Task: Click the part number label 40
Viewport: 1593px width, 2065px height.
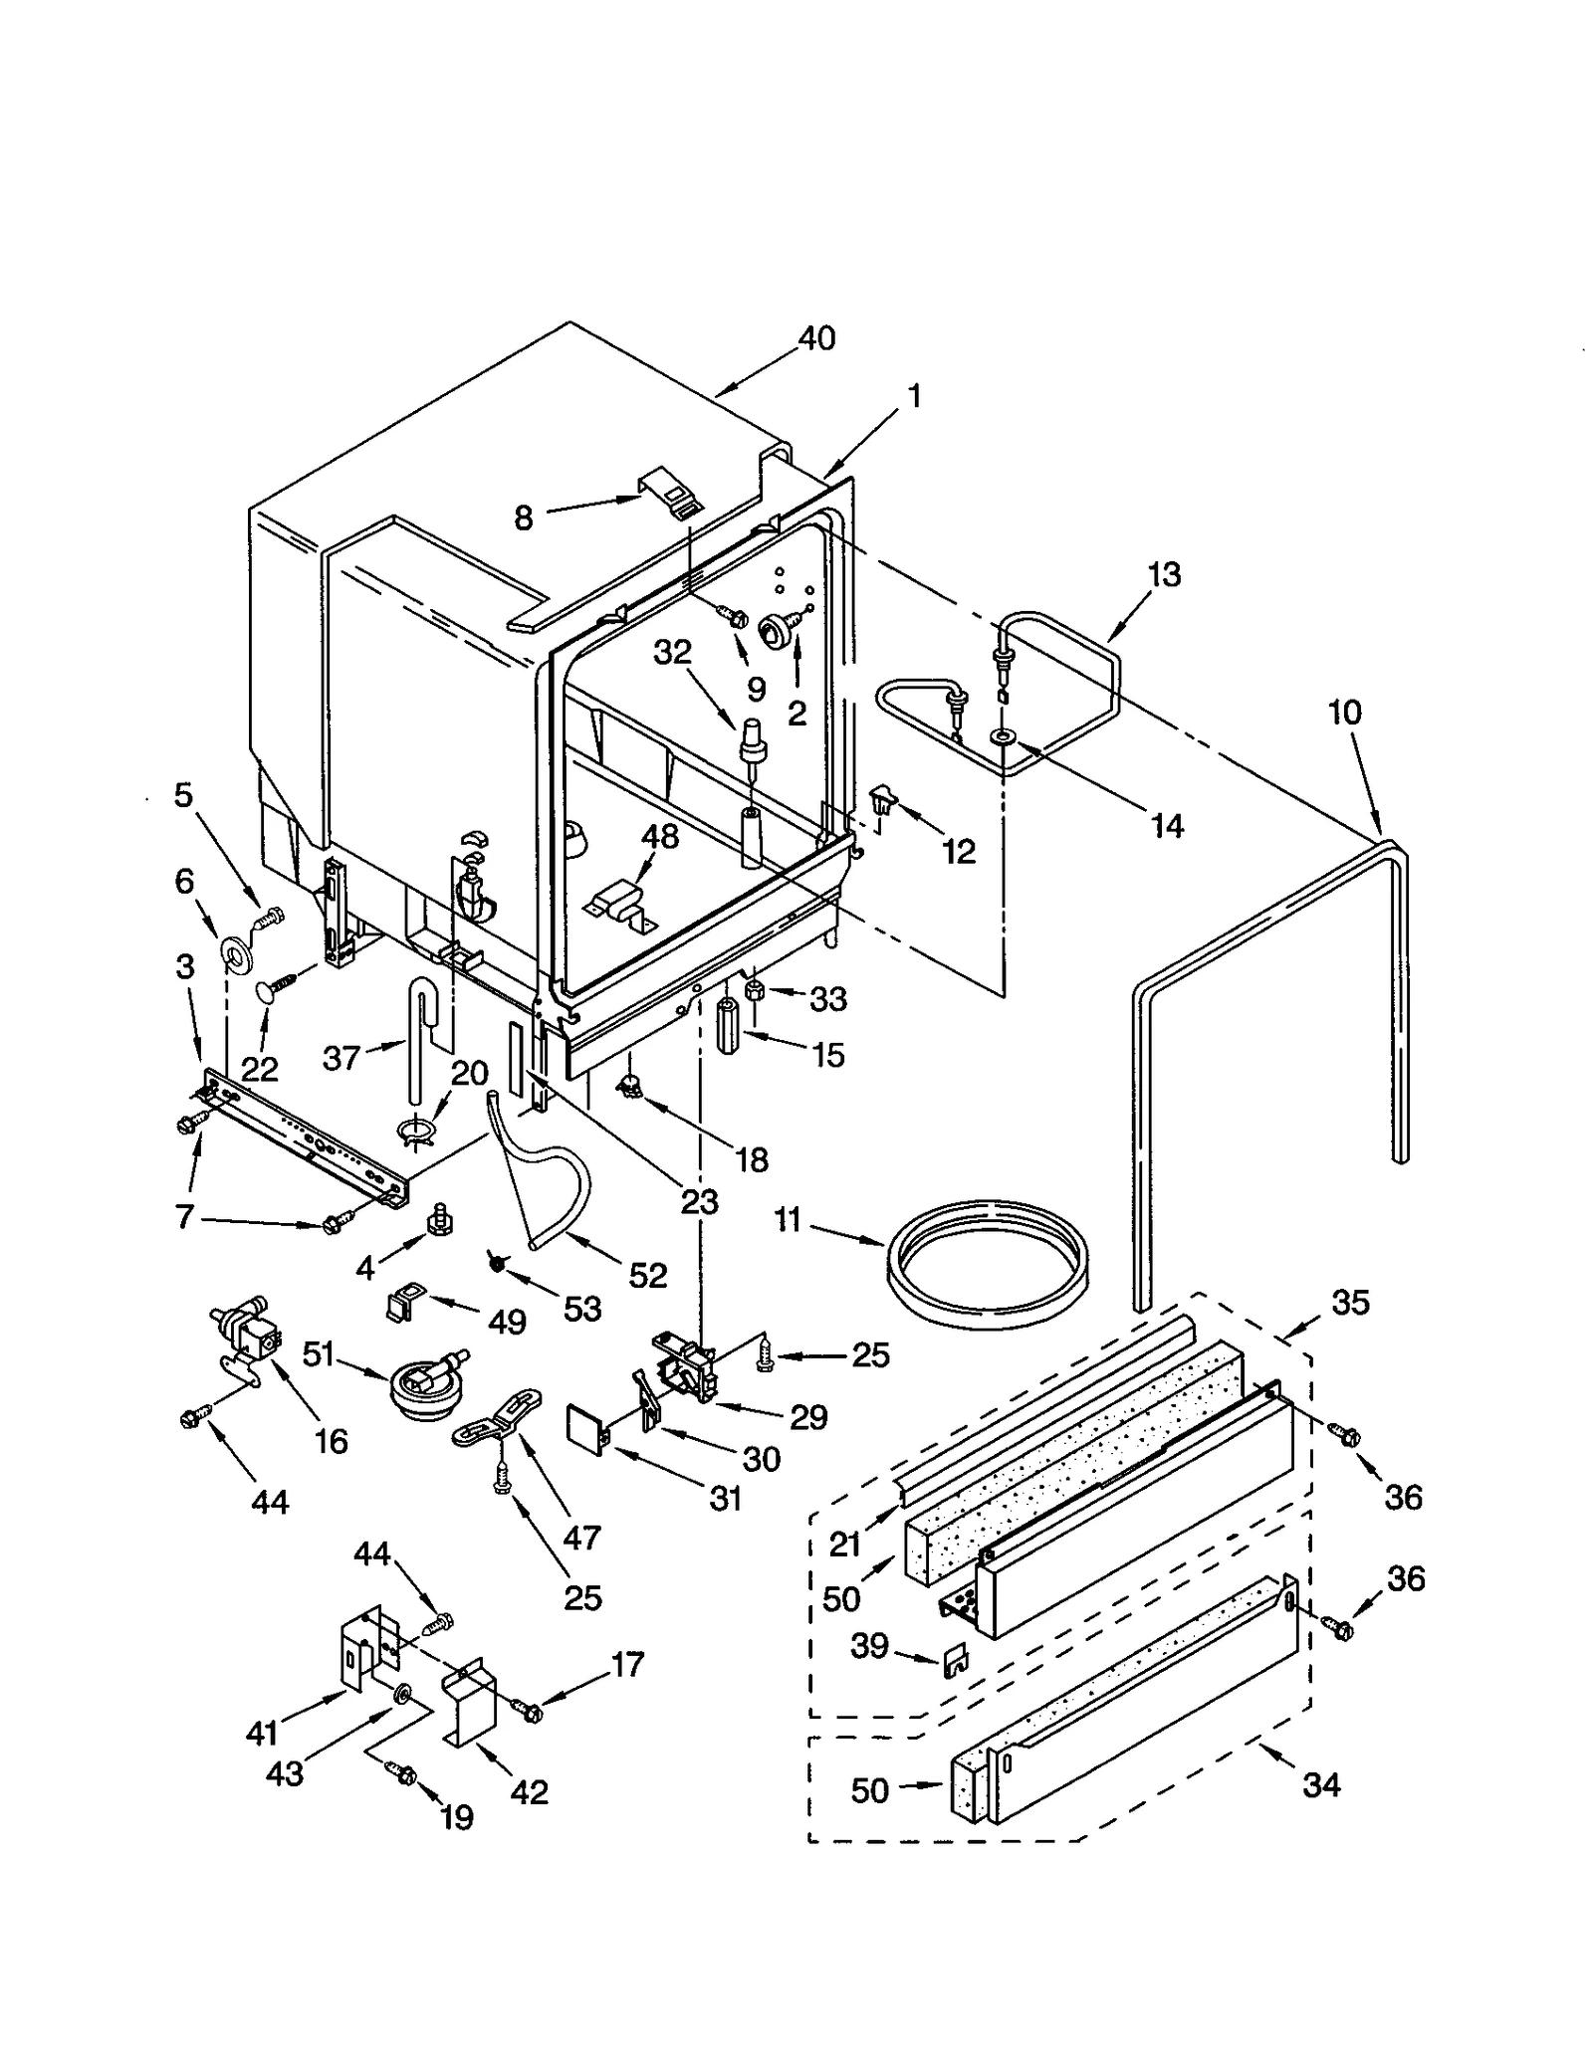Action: (816, 338)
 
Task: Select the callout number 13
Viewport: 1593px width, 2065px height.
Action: (1163, 574)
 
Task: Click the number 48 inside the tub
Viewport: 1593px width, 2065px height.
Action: (660, 837)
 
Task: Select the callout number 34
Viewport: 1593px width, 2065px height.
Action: (1321, 1785)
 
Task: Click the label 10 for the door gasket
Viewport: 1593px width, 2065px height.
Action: (1344, 713)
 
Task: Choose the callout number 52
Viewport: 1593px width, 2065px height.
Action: (647, 1275)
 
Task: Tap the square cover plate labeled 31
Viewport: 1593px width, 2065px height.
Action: (584, 1428)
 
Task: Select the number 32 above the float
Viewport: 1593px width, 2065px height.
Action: (672, 653)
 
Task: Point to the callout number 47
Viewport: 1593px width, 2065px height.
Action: (581, 1538)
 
